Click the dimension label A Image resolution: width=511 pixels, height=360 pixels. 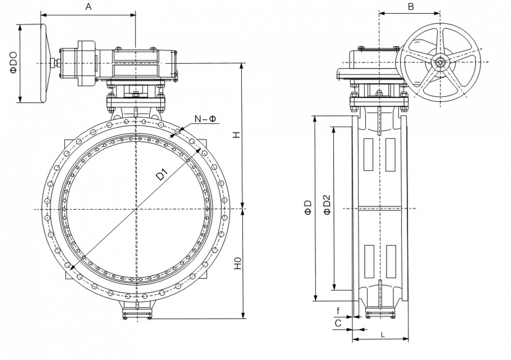click(x=88, y=7)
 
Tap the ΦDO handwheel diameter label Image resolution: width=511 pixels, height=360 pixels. click(x=13, y=62)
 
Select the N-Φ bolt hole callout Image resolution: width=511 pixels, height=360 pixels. click(x=205, y=119)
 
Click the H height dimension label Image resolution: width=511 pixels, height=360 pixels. click(x=236, y=134)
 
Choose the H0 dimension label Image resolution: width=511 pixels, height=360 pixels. click(x=237, y=263)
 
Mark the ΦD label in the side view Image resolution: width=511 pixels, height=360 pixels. click(x=308, y=207)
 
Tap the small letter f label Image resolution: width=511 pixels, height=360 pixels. click(x=338, y=311)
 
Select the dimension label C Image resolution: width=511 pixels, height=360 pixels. click(x=338, y=323)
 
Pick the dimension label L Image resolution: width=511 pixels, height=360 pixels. click(x=383, y=334)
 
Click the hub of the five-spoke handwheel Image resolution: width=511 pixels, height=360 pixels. click(x=440, y=62)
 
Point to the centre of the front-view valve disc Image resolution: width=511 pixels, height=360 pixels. click(x=136, y=209)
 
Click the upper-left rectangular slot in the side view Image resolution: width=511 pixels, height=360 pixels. click(x=368, y=154)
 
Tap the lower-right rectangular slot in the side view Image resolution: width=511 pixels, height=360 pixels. click(x=391, y=261)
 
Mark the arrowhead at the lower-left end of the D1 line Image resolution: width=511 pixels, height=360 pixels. click(x=71, y=268)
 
